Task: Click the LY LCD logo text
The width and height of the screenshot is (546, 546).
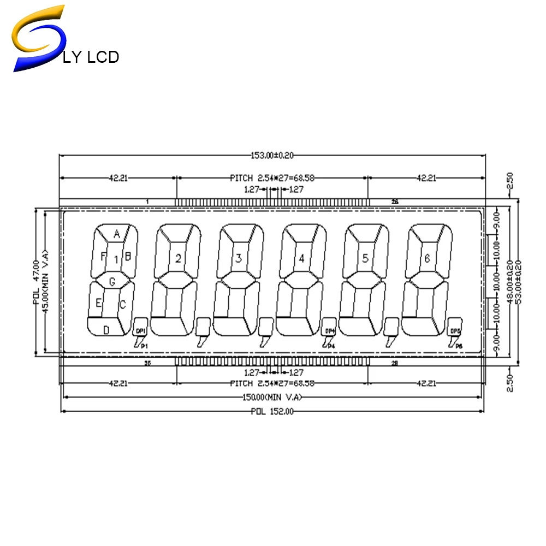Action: (91, 56)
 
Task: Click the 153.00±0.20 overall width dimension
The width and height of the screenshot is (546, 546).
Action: (272, 156)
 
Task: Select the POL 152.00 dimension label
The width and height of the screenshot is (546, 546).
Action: (272, 412)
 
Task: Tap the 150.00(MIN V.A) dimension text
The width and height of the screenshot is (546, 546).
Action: (272, 397)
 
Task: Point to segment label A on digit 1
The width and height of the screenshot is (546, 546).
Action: (116, 234)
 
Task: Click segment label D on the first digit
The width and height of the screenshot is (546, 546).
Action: (106, 329)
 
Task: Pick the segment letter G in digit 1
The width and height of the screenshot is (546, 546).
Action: (112, 282)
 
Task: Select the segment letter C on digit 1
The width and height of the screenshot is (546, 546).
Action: (122, 304)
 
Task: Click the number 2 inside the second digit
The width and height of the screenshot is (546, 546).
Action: (178, 259)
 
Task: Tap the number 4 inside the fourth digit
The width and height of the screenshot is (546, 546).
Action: (301, 259)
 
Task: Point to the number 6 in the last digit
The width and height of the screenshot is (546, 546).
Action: (428, 258)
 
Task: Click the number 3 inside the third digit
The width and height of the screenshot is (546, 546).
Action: (239, 259)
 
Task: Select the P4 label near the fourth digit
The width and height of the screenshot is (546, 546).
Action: (331, 346)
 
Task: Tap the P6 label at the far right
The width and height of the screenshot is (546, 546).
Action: (459, 346)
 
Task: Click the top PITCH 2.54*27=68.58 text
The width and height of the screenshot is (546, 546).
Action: (272, 177)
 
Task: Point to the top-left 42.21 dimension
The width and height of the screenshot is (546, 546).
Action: (118, 177)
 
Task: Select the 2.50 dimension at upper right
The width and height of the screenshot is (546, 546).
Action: (509, 181)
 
